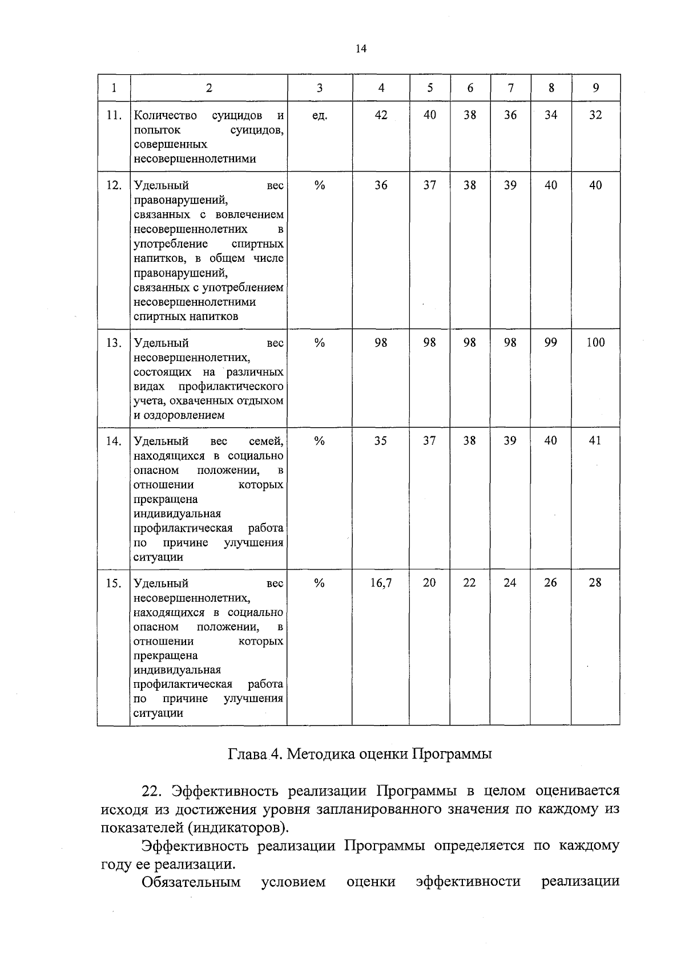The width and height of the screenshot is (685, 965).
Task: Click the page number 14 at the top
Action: click(360, 49)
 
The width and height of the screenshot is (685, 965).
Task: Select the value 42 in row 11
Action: click(381, 115)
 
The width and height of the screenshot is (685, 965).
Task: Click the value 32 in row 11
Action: click(595, 115)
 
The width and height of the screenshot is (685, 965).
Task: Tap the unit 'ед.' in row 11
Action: click(320, 116)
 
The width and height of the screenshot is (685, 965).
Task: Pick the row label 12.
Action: click(114, 185)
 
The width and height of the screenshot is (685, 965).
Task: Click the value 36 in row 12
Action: click(381, 185)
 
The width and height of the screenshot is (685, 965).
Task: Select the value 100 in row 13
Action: click(595, 342)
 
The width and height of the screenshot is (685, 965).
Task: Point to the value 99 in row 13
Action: click(550, 342)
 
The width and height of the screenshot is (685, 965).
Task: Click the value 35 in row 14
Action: click(381, 441)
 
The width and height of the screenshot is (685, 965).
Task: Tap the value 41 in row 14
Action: click(595, 441)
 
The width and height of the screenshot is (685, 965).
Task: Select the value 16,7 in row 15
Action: click(381, 583)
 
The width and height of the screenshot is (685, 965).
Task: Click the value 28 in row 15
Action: click(595, 583)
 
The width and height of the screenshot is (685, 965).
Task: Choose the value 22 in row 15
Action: click(469, 583)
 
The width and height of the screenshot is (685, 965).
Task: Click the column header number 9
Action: click(595, 88)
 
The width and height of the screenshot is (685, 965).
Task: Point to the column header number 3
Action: click(320, 88)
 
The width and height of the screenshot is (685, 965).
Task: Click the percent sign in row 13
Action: click(320, 343)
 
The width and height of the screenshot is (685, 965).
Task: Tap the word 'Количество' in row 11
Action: click(166, 116)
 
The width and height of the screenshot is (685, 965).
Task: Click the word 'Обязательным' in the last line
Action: click(191, 882)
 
